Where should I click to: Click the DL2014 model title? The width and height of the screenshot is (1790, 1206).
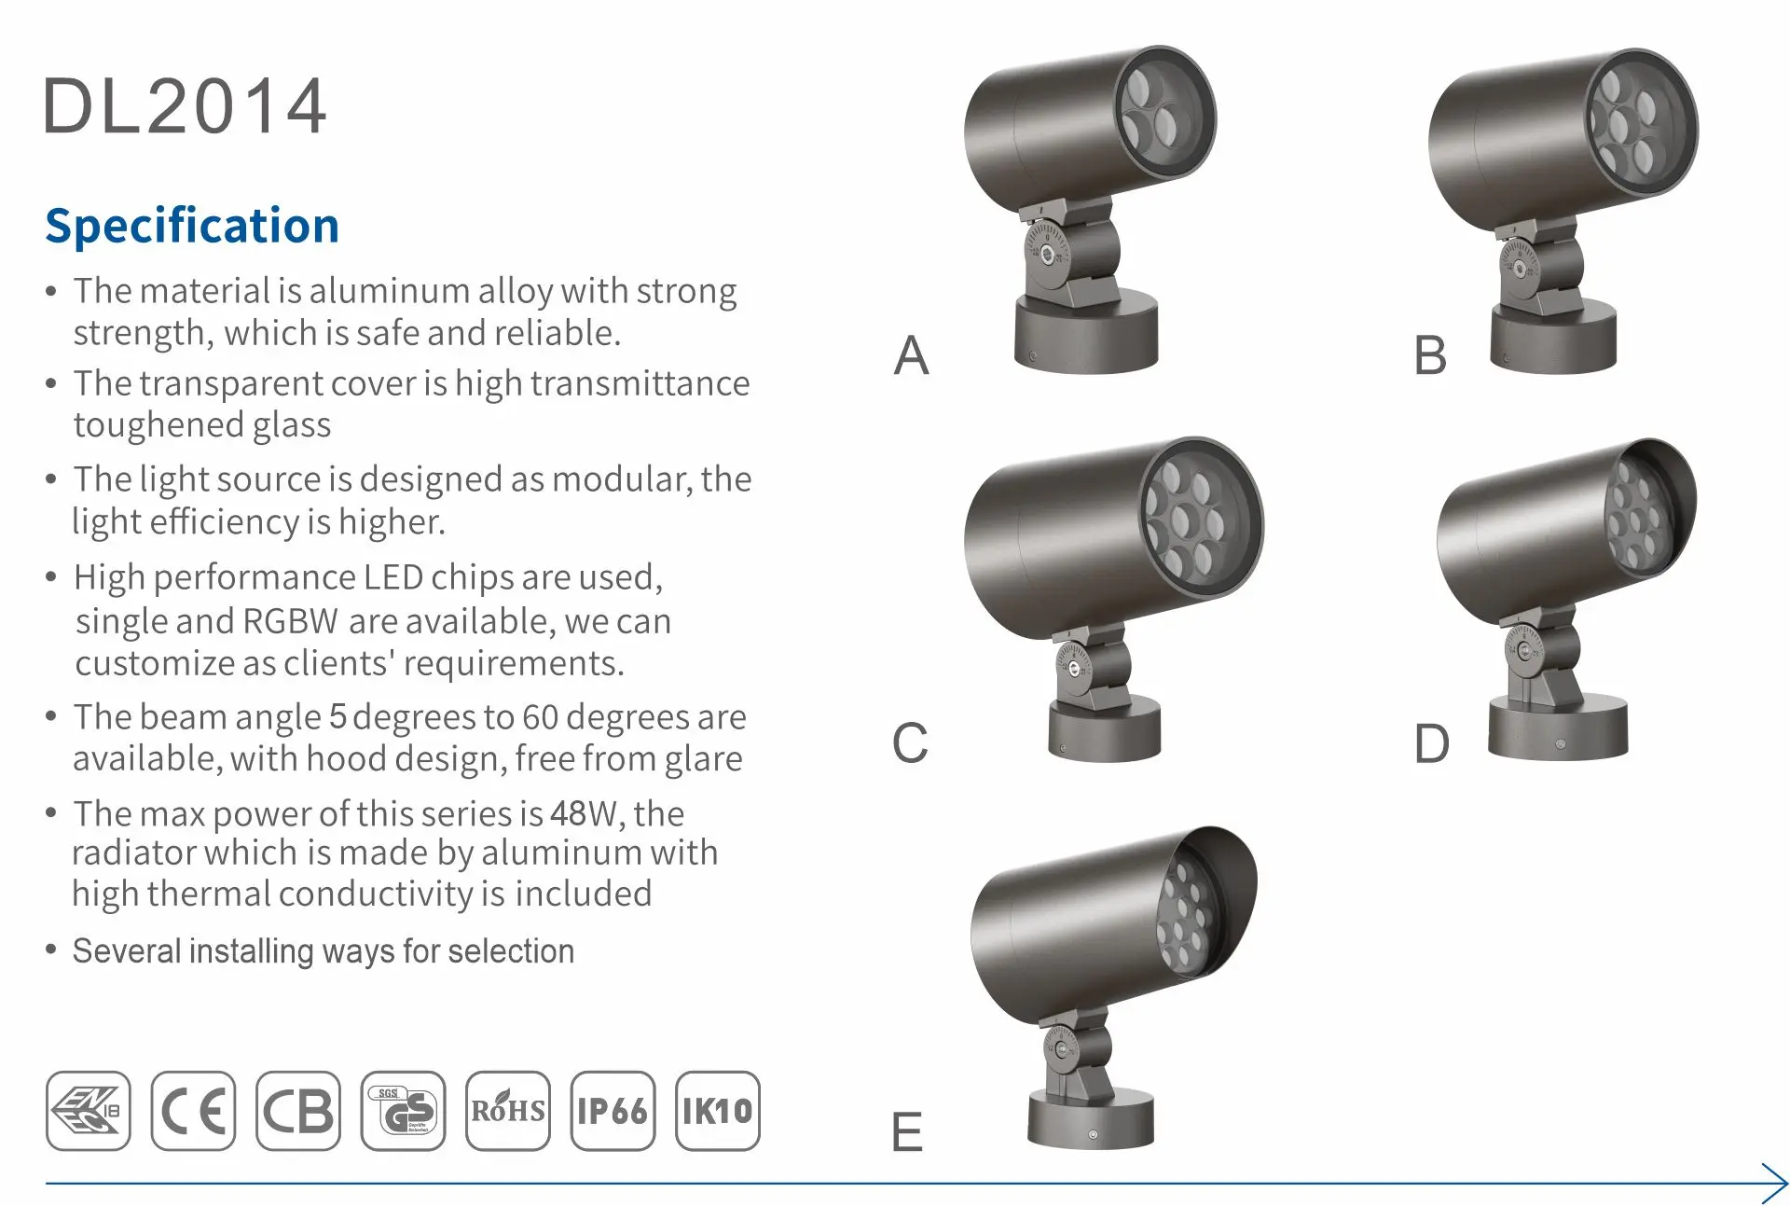tap(186, 106)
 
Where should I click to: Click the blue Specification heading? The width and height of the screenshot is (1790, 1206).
tap(192, 227)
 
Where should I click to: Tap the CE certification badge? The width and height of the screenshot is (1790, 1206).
tap(193, 1110)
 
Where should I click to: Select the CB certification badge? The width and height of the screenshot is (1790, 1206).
tap(298, 1110)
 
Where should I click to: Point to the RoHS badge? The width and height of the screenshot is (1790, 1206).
tap(508, 1110)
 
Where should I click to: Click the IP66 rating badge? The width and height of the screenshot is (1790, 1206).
tap(613, 1110)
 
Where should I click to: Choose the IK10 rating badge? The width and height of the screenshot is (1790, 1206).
tap(717, 1110)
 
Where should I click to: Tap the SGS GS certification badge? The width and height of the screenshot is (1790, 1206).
tap(403, 1110)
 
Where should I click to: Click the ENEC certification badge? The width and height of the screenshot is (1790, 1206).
tap(89, 1110)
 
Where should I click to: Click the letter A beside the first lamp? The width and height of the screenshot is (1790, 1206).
tap(912, 355)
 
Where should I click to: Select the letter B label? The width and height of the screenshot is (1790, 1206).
tap(1431, 355)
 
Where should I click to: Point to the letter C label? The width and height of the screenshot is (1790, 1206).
tap(910, 743)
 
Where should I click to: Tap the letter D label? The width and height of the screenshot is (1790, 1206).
tap(1432, 744)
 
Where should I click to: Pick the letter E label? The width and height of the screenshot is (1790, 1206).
tap(907, 1132)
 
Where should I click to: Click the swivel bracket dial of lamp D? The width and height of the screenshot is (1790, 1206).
tap(1523, 651)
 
